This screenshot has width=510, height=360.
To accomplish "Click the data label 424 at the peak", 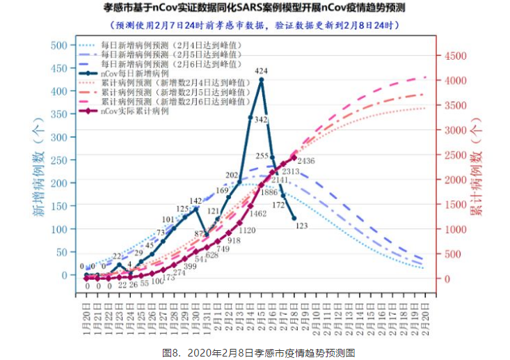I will coord(262,71).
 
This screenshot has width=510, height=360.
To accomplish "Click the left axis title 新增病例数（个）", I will coord(37,160).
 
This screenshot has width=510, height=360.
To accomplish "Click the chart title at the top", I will coord(254,9).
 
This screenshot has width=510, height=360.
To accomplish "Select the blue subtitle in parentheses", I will coord(254,25).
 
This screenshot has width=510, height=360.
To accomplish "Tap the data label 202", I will coord(232,175).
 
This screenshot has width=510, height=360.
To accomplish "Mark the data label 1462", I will coord(258,214).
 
